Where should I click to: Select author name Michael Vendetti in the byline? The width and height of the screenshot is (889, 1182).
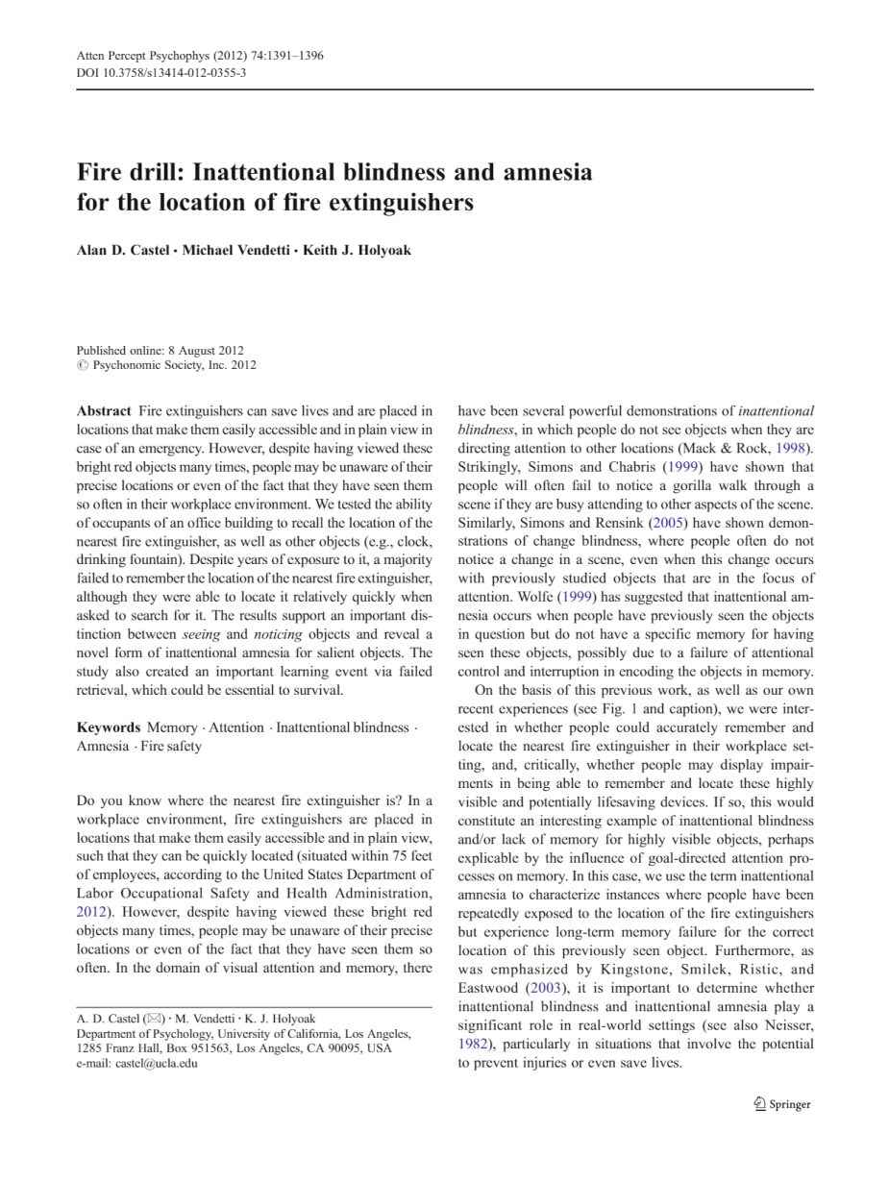236,251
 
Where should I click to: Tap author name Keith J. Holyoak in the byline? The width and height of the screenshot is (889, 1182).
357,251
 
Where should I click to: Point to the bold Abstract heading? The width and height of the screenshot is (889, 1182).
104,411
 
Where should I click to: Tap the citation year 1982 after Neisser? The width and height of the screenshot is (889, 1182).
471,1044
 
